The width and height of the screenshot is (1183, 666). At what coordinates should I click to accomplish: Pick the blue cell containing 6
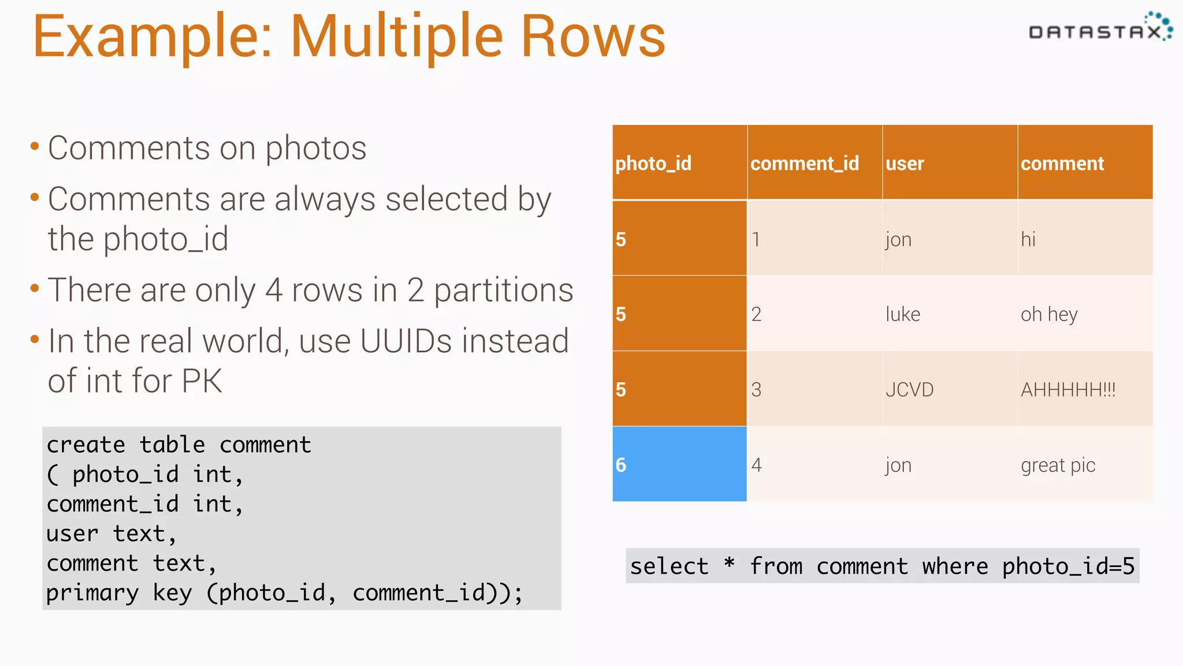click(x=679, y=464)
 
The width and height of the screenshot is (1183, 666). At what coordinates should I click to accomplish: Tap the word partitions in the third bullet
click(x=503, y=290)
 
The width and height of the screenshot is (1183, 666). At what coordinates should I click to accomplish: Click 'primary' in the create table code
click(x=92, y=593)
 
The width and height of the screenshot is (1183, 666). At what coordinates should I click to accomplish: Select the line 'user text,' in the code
click(x=111, y=534)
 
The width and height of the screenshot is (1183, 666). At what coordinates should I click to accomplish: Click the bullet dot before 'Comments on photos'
click(x=35, y=146)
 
